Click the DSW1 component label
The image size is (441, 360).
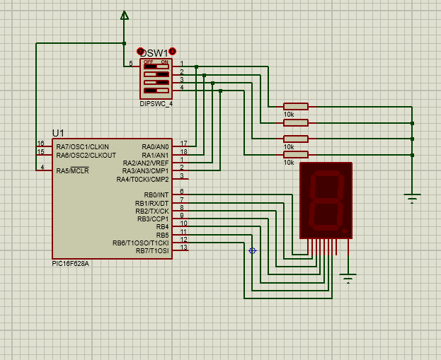[x=154, y=53]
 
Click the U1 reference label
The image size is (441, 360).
[x=58, y=133]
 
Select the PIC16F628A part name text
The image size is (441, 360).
[x=70, y=264]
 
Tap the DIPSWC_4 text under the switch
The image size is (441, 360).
[x=156, y=104]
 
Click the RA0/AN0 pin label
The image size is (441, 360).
[x=155, y=147]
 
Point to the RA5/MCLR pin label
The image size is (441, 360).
[x=73, y=170]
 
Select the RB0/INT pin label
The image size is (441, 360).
[x=156, y=195]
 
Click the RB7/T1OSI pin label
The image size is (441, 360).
[x=152, y=250]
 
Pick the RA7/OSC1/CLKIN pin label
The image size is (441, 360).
[x=82, y=147]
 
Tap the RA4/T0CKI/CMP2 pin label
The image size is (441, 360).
[x=142, y=180]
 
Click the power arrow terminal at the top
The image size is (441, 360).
[x=125, y=15]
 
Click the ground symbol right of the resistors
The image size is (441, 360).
[x=412, y=198]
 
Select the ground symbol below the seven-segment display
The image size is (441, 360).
[x=348, y=278]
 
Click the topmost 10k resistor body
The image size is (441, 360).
[x=296, y=107]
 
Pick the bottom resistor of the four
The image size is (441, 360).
[x=296, y=155]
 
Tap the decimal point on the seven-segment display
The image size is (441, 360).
[x=344, y=231]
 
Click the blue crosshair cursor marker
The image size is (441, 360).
[x=252, y=250]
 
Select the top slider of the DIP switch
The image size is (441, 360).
[x=156, y=66]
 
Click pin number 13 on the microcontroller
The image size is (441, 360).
[x=183, y=248]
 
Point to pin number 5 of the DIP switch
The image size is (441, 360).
[x=131, y=64]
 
